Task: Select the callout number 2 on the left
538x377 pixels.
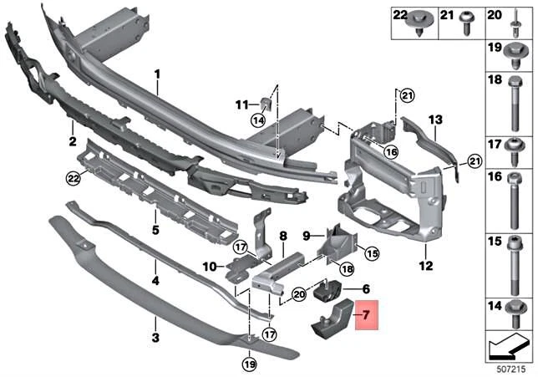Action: tap(73, 141)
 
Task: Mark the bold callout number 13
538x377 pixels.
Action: tap(434, 120)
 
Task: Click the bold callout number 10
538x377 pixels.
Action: tap(209, 267)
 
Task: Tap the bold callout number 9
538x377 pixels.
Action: tap(306, 235)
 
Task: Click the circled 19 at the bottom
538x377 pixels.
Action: tap(249, 364)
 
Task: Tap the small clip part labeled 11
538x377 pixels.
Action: tap(266, 104)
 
